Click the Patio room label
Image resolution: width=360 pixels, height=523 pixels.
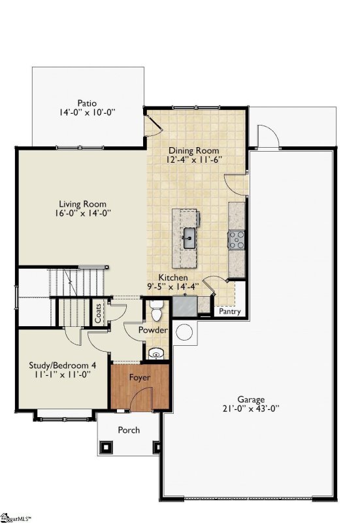86,103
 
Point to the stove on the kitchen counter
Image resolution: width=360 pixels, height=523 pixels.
236,240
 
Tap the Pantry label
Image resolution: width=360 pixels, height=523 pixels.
230,312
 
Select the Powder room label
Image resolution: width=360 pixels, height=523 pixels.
153,331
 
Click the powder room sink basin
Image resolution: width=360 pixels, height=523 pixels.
156,354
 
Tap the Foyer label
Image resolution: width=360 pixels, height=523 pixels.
140,378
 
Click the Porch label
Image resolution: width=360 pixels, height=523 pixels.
128,430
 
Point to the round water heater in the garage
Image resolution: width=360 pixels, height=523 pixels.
184,332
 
